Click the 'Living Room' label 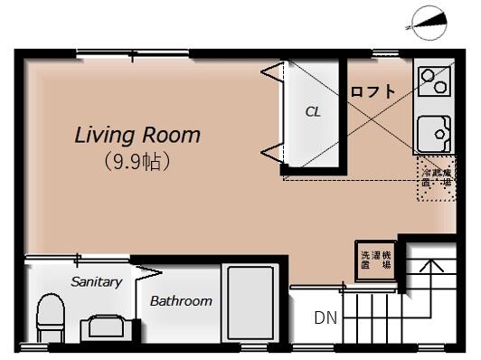[137, 136]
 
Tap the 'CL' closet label [313, 112]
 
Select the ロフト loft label [373, 91]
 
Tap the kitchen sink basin [435, 134]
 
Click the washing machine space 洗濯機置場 [372, 258]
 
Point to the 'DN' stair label [324, 317]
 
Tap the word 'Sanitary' [96, 281]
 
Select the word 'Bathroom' [181, 301]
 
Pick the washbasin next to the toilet [104, 327]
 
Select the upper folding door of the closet [273, 74]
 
